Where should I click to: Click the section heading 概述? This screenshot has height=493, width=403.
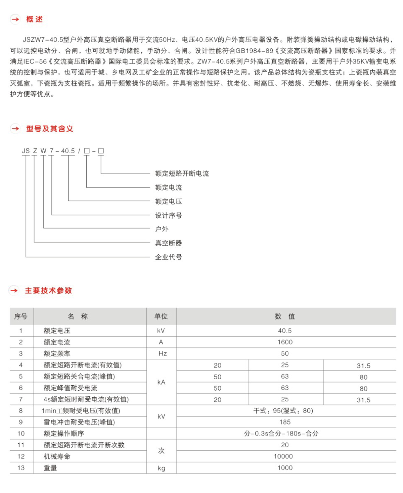pyautogui.click(x=34, y=19)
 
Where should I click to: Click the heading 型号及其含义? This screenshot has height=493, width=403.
pyautogui.click(x=49, y=129)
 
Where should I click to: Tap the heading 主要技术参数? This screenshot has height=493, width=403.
pyautogui.click(x=48, y=291)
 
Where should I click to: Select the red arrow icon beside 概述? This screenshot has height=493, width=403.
pyautogui.click(x=15, y=19)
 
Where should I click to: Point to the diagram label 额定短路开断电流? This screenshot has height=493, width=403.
pyautogui.click(x=182, y=174)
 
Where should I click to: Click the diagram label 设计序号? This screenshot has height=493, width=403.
pyautogui.click(x=168, y=215)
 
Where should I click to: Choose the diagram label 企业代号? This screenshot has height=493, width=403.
pyautogui.click(x=168, y=257)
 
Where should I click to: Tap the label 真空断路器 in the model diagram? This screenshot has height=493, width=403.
pyautogui.click(x=168, y=243)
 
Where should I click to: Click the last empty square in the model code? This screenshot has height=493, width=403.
pyautogui.click(x=101, y=151)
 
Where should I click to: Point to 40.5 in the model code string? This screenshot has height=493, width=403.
pyautogui.click(x=68, y=151)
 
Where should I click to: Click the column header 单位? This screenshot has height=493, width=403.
pyautogui.click(x=161, y=316)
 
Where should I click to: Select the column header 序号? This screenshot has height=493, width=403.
pyautogui.click(x=21, y=316)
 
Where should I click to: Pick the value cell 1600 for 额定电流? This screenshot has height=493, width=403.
pyautogui.click(x=285, y=342)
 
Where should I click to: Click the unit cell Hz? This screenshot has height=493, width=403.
pyautogui.click(x=163, y=353)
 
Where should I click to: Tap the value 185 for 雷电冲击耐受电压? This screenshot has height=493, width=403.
pyautogui.click(x=285, y=422)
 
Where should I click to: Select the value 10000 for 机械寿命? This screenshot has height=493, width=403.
pyautogui.click(x=283, y=456)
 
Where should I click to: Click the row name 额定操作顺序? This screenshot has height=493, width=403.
pyautogui.click(x=64, y=434)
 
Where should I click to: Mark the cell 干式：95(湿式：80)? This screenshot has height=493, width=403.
pyautogui.click(x=283, y=411)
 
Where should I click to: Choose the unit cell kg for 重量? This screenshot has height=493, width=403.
pyautogui.click(x=161, y=468)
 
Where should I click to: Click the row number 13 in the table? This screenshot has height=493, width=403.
pyautogui.click(x=21, y=468)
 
